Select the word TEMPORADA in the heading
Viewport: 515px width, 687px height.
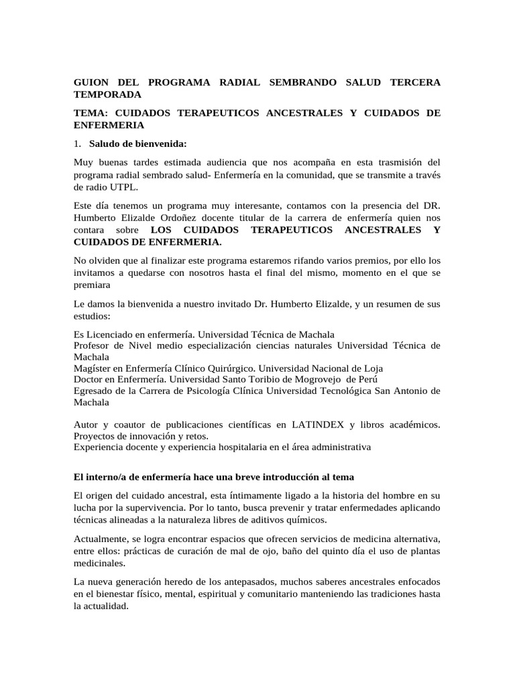click(107, 95)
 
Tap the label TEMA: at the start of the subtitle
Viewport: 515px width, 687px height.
click(92, 113)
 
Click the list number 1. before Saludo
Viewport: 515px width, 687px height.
click(77, 144)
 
